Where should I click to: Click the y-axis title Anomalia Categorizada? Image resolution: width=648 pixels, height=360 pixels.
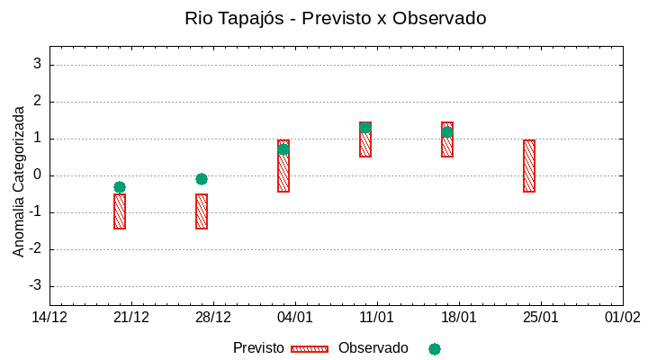tap(19, 181)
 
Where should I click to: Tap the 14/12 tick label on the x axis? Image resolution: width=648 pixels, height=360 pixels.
tap(49, 318)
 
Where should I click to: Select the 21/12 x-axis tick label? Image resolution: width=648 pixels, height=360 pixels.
tap(131, 318)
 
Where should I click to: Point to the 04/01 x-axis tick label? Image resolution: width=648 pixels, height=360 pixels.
tap(295, 318)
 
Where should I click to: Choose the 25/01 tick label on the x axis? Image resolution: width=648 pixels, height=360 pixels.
tap(541, 318)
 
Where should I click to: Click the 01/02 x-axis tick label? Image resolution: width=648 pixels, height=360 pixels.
tap(622, 318)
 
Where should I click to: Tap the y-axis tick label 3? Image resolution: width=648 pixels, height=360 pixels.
tap(38, 65)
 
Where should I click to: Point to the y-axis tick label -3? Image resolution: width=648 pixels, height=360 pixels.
tap(35, 286)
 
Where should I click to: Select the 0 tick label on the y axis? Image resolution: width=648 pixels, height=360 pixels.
tap(38, 175)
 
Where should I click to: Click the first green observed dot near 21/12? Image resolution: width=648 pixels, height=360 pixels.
tap(120, 187)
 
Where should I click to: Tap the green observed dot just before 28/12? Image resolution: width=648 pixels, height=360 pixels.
tap(202, 179)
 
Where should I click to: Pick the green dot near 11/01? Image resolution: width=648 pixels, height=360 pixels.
tap(365, 127)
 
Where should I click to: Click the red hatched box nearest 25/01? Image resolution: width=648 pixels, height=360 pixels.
tap(529, 166)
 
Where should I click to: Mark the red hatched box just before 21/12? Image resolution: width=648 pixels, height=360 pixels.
tap(120, 211)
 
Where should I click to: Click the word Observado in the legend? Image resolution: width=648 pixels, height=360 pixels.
tap(373, 348)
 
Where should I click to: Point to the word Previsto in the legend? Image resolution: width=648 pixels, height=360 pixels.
tap(258, 348)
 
